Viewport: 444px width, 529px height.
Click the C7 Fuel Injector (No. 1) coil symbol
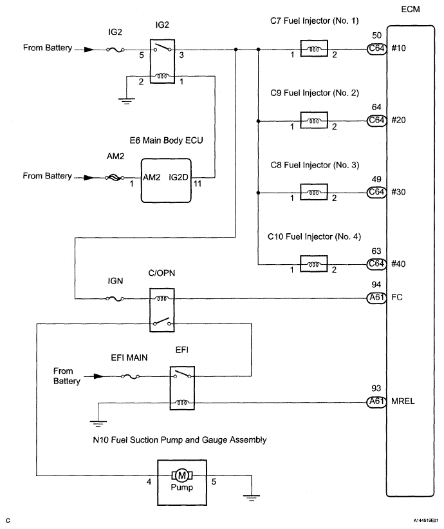pos(313,49)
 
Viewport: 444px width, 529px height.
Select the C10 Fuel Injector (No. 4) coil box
pos(313,264)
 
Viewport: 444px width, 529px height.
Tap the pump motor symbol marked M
pos(182,476)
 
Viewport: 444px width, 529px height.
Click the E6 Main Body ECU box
pos(166,180)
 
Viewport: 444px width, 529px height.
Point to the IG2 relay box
pos(162,61)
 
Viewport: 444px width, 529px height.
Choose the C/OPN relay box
pos(162,310)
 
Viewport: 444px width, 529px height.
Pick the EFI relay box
pos(182,388)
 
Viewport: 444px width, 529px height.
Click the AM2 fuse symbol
pos(115,177)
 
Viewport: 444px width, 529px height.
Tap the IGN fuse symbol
pos(115,298)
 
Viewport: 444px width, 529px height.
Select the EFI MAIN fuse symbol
pos(130,376)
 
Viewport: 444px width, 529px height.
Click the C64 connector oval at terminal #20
pos(376,120)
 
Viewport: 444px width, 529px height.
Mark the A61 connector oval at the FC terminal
pos(376,298)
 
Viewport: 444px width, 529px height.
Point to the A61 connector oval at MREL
pos(376,401)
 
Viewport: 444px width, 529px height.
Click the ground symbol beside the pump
pos(252,497)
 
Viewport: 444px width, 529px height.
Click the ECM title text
pos(411,9)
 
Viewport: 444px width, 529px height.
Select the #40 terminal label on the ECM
pos(398,264)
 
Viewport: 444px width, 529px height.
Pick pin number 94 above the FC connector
pos(376,285)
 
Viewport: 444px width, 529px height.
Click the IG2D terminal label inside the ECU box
pos(178,177)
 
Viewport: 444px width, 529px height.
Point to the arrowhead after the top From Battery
pos(89,50)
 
